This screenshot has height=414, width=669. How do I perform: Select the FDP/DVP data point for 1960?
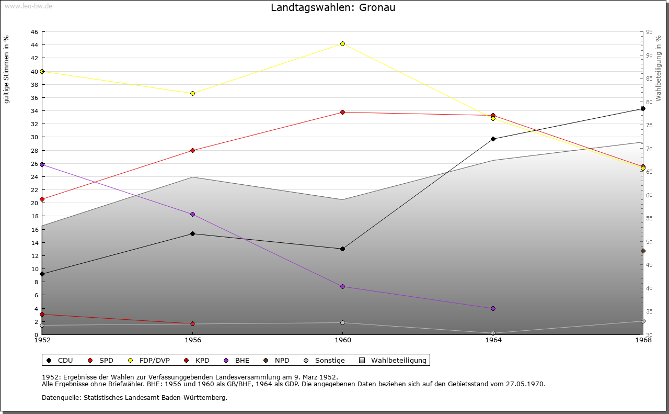342,43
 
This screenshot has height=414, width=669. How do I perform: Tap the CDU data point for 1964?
493,139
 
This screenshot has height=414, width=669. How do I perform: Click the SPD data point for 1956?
192,150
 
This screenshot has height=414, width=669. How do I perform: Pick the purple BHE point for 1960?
342,286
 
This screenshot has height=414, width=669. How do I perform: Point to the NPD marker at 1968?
643,251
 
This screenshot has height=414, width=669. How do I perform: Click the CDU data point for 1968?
643,108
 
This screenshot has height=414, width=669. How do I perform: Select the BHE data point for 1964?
493,308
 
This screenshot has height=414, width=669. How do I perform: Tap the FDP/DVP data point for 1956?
192,93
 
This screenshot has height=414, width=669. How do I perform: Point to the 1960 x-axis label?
342,340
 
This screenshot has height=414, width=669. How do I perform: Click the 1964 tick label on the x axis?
493,340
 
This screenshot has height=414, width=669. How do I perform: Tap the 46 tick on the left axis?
34,32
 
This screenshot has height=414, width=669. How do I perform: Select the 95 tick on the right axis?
649,32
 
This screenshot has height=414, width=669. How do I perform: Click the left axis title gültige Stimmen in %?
6,69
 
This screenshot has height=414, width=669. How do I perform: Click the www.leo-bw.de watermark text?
27,5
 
